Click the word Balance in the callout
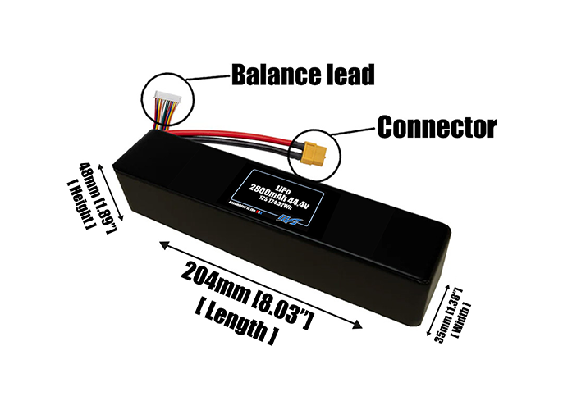click(x=272, y=75)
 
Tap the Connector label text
click(x=436, y=127)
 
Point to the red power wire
click(x=238, y=139)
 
